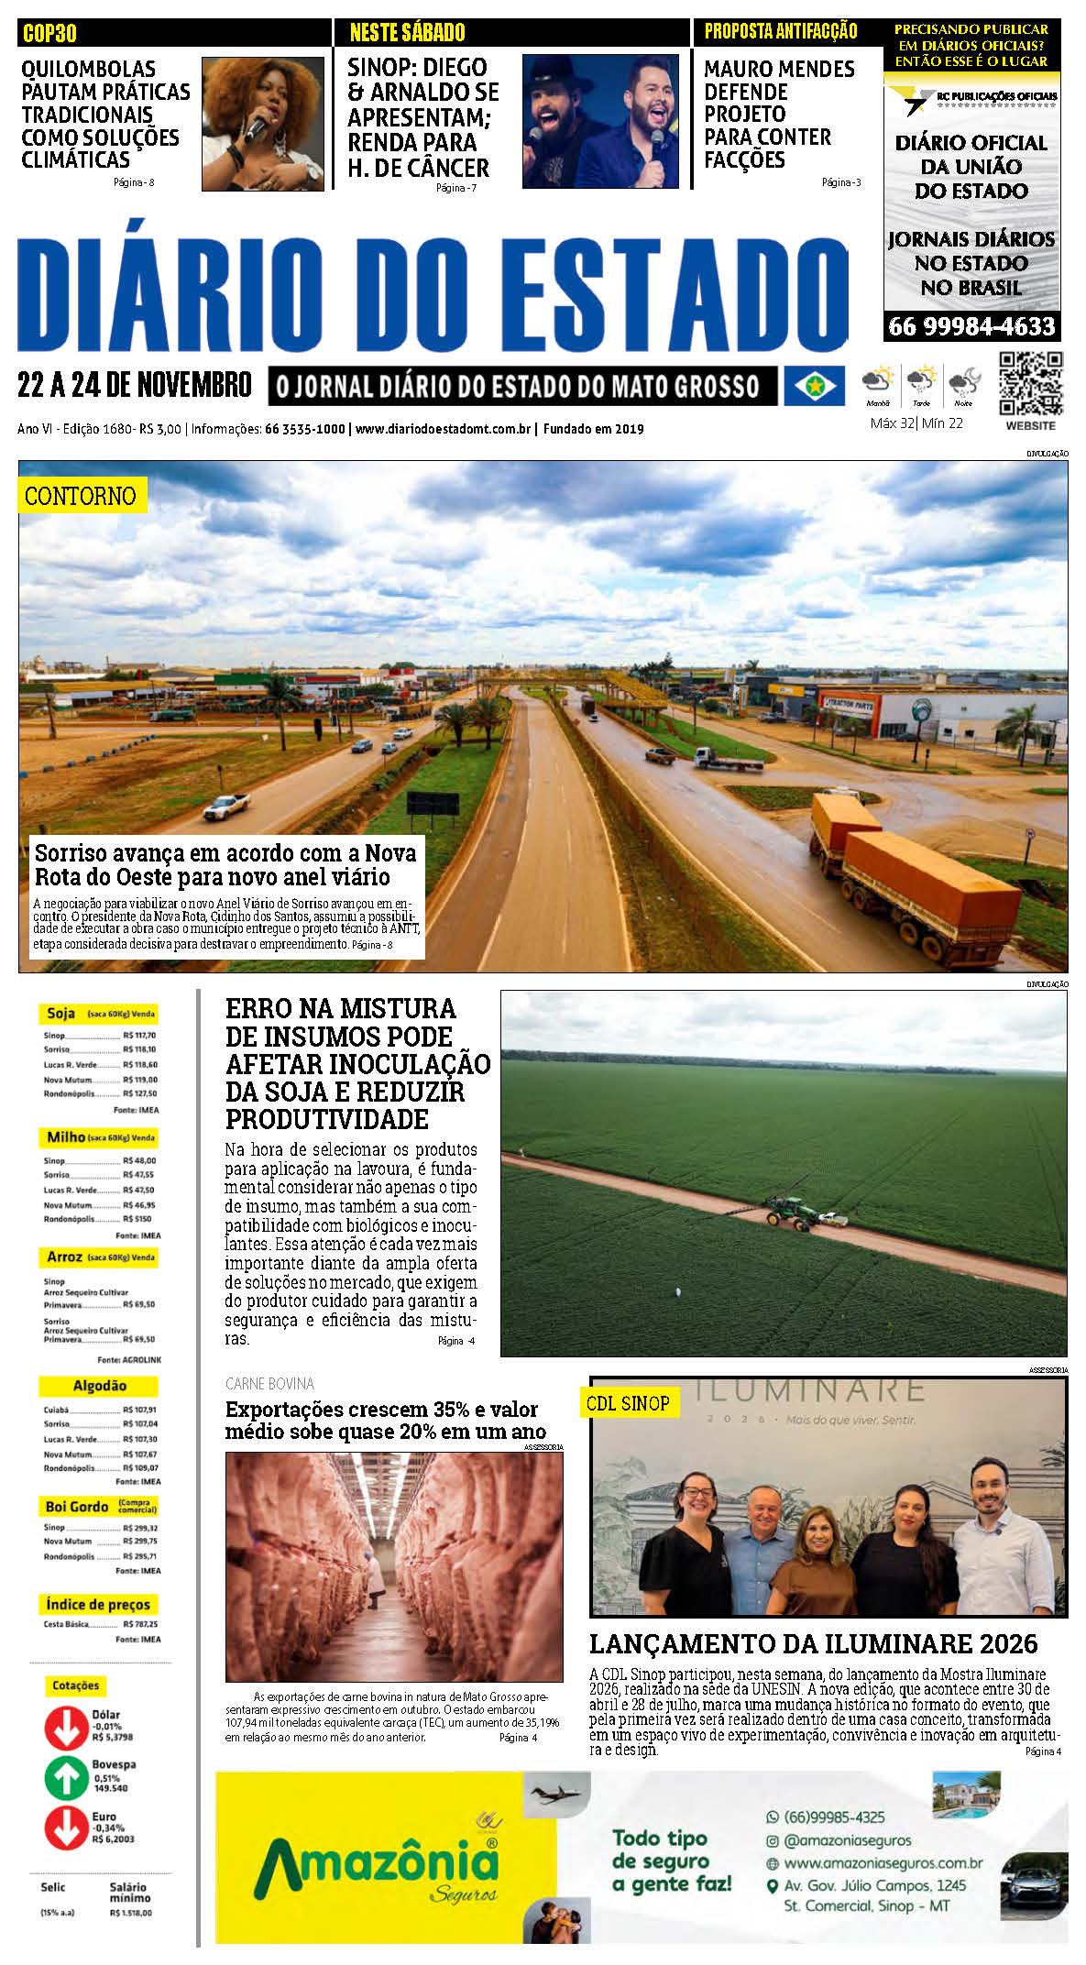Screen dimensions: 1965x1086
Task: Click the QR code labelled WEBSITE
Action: coord(1030,384)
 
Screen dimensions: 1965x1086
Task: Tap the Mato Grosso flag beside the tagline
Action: coord(813,386)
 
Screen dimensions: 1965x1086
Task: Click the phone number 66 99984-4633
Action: coord(971,326)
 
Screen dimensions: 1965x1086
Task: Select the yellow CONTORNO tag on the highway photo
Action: coord(81,496)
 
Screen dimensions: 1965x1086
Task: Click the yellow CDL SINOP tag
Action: coord(628,1403)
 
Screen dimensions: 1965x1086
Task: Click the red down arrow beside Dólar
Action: coord(65,1727)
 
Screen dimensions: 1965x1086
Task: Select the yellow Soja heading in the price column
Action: coord(61,1014)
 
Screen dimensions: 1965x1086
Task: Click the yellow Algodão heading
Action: coord(99,1386)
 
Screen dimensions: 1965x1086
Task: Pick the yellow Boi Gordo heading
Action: coord(78,1506)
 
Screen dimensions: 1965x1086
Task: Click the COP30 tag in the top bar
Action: coord(49,34)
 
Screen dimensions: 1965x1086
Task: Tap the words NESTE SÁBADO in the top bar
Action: coord(407,33)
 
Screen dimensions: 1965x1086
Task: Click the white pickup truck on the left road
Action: coord(225,807)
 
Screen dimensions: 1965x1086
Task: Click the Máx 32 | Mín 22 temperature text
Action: coord(916,423)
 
